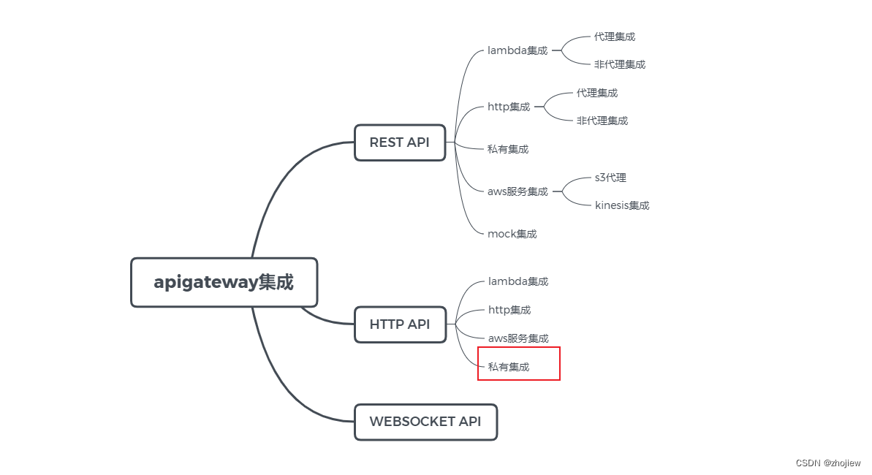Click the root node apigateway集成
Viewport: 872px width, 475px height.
click(224, 282)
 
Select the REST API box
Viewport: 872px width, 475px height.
click(400, 142)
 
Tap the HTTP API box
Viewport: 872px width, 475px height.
click(400, 324)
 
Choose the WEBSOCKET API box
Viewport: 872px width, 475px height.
click(425, 422)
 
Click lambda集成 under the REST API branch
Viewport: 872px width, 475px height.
click(517, 50)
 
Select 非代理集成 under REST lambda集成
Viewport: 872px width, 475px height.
click(619, 64)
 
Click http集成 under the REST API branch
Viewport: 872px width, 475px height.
click(509, 107)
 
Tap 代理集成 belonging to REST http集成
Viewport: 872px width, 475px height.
click(596, 93)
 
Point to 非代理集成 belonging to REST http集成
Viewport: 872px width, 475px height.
click(602, 121)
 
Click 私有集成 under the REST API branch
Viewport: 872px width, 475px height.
click(508, 149)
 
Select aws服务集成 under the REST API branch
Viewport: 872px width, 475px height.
click(517, 191)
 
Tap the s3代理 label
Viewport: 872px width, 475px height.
click(610, 178)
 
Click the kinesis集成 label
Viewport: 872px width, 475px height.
click(622, 205)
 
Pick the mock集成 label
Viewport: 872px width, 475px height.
click(512, 234)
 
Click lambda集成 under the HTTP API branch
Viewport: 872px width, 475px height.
click(518, 281)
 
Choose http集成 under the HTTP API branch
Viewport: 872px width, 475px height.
click(509, 310)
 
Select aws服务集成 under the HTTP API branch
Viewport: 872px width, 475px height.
click(518, 338)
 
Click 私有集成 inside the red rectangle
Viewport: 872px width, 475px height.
click(509, 367)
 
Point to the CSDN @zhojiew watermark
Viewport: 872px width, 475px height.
click(827, 463)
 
